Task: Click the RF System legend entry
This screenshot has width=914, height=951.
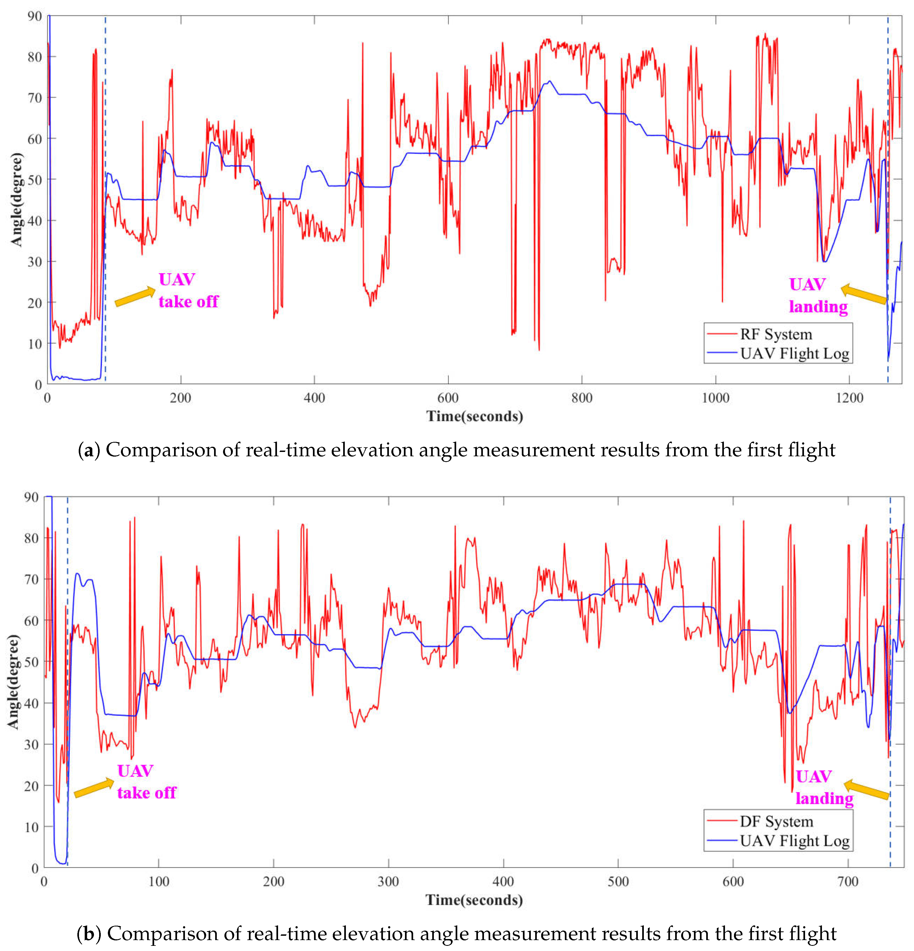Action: coord(776,334)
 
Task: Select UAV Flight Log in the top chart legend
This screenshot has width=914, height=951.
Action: coord(795,354)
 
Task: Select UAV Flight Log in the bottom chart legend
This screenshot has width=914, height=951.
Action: coord(795,841)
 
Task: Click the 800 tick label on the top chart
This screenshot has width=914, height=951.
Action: coord(582,398)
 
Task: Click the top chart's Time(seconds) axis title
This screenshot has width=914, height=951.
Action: coord(474,416)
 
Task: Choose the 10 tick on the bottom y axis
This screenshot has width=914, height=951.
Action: coord(32,827)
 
